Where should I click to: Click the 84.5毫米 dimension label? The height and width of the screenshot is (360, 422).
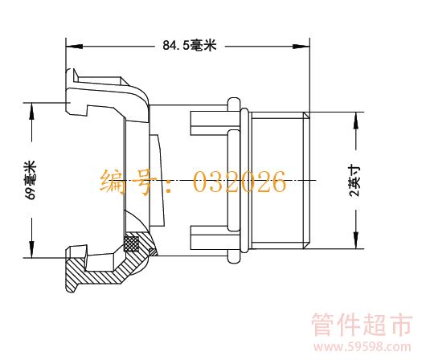[x=189, y=45]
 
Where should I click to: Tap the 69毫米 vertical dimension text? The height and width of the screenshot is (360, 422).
[x=31, y=180]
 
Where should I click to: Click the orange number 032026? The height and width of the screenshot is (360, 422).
[x=240, y=182]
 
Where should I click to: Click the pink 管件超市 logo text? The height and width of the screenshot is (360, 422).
[x=362, y=325]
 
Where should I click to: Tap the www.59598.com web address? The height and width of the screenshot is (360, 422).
[x=363, y=347]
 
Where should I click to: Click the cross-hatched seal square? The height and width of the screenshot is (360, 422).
[x=131, y=243]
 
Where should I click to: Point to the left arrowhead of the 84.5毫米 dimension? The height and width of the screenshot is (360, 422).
[x=74, y=47]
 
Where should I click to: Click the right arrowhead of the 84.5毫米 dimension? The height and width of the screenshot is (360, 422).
[x=301, y=47]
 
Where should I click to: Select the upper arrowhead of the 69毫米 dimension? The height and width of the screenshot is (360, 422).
[x=32, y=111]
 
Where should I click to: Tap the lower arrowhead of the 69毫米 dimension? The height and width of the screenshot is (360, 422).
[x=32, y=249]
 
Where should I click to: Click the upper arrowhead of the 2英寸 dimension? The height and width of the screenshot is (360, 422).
[x=356, y=121]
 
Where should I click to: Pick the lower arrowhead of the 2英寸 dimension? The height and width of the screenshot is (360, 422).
[x=356, y=240]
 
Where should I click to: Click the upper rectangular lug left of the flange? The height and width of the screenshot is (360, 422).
[x=209, y=123]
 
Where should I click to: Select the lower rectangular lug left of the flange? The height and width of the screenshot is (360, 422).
[x=209, y=238]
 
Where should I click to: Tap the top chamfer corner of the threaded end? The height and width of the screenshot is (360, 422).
[x=306, y=116]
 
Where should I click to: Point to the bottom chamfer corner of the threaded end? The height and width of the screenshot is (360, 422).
[x=306, y=245]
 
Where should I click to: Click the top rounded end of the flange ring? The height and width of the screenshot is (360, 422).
[x=234, y=102]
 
